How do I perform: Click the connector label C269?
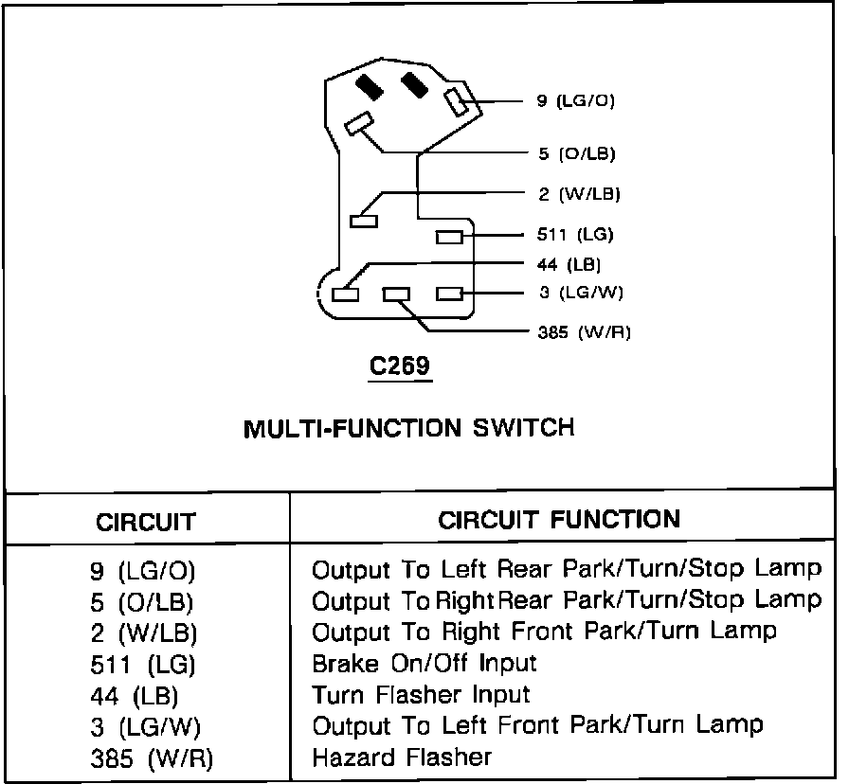(399, 365)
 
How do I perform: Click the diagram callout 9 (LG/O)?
(576, 100)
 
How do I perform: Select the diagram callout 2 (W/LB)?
(578, 194)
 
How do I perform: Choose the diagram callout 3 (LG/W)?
(581, 293)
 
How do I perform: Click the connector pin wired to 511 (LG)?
(449, 237)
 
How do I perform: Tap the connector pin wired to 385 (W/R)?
(396, 294)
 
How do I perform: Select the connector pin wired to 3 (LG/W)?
(449, 294)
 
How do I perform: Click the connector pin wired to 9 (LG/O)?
(456, 101)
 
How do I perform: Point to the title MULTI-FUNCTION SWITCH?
(409, 428)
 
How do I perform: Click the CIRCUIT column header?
(146, 522)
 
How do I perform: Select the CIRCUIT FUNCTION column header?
(559, 519)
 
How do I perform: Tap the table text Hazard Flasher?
(402, 757)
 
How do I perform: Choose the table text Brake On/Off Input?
(424, 664)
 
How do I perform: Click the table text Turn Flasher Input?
(421, 695)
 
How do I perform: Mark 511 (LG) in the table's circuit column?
(146, 665)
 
